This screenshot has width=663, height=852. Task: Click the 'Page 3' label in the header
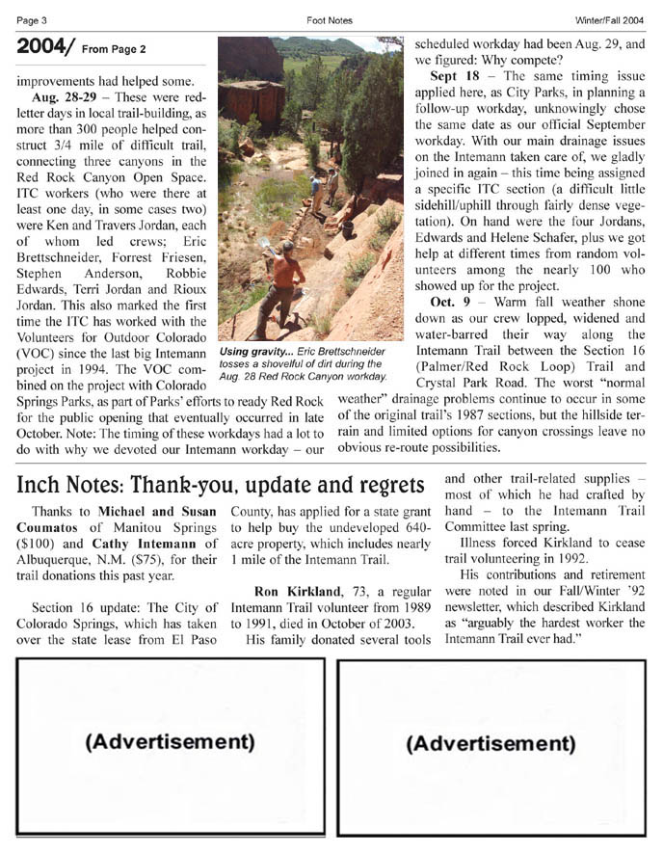[33, 20]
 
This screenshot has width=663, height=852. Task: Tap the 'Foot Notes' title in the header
[330, 20]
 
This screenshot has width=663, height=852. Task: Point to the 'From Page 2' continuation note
[114, 49]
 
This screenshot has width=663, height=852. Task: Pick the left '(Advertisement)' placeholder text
[170, 741]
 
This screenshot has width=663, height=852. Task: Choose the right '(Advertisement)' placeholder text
[491, 743]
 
